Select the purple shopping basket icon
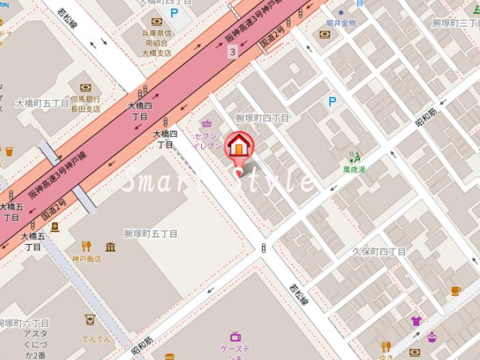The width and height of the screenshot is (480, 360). click(x=206, y=124)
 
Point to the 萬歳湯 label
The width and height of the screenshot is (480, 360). click(x=354, y=169)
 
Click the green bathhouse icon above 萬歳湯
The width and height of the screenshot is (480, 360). click(x=354, y=157)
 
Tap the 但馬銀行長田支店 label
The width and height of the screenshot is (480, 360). click(x=85, y=104)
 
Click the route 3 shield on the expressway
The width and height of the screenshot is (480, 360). click(x=233, y=52)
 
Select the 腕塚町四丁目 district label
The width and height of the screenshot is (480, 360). click(x=262, y=118)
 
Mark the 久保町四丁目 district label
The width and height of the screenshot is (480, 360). click(x=378, y=252)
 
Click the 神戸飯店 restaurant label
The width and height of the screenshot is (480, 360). click(x=87, y=259)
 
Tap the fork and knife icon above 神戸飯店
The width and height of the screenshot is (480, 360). click(x=86, y=246)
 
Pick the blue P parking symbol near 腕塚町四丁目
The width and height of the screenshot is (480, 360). click(x=332, y=102)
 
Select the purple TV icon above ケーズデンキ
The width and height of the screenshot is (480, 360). click(x=236, y=336)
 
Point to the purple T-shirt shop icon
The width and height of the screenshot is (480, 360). click(x=416, y=321)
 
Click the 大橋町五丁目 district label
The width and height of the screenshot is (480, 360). click(x=42, y=104)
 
